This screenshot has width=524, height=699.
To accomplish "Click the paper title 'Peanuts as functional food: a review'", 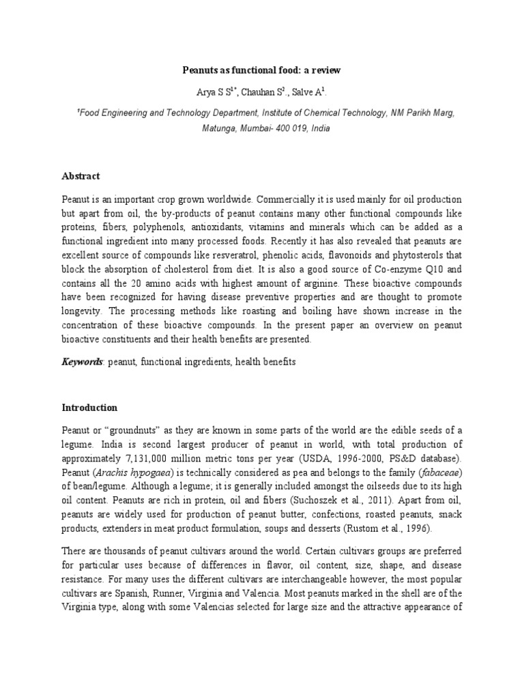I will [x=262, y=70].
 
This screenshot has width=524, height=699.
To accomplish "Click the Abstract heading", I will [x=81, y=175].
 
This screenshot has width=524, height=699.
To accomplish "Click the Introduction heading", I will [x=89, y=408].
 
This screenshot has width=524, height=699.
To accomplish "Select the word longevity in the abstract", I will [x=84, y=311].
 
